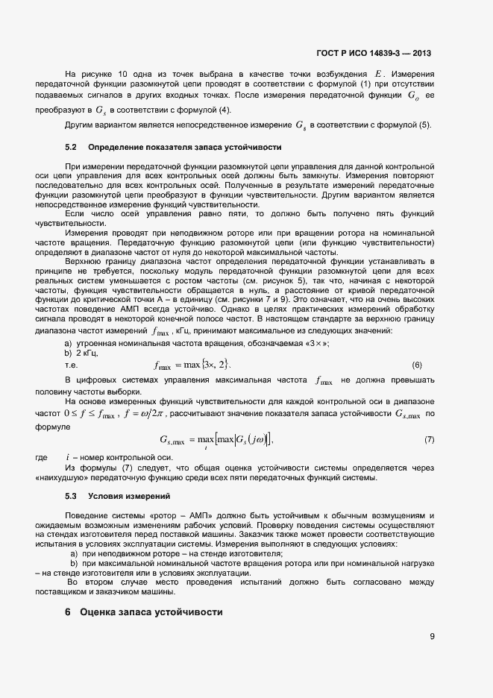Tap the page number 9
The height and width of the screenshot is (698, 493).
432,636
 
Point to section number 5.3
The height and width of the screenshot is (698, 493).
72,496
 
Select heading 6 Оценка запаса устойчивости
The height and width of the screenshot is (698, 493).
144,611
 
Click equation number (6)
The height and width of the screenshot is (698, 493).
417,365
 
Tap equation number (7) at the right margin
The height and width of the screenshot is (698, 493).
429,439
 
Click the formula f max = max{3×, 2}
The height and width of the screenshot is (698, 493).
192,365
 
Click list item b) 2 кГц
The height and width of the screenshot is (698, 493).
81,351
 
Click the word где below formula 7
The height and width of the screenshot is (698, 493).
42,457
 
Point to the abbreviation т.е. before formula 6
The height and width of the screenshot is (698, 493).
72,365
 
